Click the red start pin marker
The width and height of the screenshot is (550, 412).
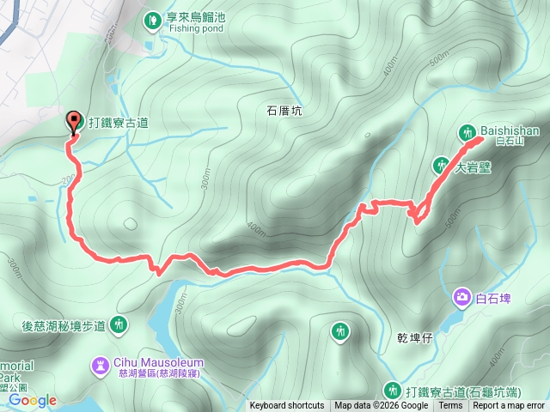coord(74,123)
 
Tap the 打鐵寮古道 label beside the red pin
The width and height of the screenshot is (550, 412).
coord(118,123)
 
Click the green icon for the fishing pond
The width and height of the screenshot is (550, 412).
coord(152,17)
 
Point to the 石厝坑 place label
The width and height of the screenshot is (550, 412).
coord(284,111)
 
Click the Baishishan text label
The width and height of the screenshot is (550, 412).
coord(510,130)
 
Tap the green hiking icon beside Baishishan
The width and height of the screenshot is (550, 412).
coord(467,132)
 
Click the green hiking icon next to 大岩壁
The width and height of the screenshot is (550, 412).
coord(443,164)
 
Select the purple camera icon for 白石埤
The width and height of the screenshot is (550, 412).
coord(462,298)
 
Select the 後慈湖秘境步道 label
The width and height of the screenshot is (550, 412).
coord(63,325)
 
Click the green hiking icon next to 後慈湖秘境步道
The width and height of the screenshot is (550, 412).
coord(119,324)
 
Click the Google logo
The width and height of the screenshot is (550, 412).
coord(33,400)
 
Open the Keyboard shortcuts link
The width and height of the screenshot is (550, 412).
coord(287,406)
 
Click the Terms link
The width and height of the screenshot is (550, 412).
coord(450,406)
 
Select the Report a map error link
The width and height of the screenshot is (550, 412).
coord(509,406)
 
